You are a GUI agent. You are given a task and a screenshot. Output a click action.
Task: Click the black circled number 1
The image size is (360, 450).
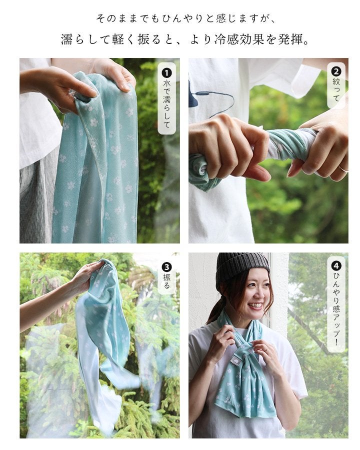pyautogui.click(x=167, y=73)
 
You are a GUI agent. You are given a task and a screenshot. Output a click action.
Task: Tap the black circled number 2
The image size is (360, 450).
pyautogui.click(x=336, y=71)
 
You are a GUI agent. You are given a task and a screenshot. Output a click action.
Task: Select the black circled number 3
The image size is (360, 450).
pyautogui.click(x=167, y=267)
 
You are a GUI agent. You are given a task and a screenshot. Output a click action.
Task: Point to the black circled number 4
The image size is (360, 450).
pyautogui.click(x=336, y=266)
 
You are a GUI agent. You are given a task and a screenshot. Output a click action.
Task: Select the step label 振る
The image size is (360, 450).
pyautogui.click(x=167, y=281)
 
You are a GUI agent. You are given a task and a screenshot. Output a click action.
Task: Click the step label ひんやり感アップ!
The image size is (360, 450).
pyautogui.click(x=336, y=308)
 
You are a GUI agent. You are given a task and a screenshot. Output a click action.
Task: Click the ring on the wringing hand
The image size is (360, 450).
pyautogui.click(x=343, y=169)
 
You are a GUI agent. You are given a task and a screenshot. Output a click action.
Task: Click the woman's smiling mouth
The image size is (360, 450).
pyautogui.click(x=255, y=306)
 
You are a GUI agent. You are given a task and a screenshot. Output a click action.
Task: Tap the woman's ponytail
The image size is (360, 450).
pyautogui.click(x=214, y=310)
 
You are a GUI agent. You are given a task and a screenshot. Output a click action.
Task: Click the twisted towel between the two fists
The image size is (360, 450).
pyautogui.click(x=287, y=142)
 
